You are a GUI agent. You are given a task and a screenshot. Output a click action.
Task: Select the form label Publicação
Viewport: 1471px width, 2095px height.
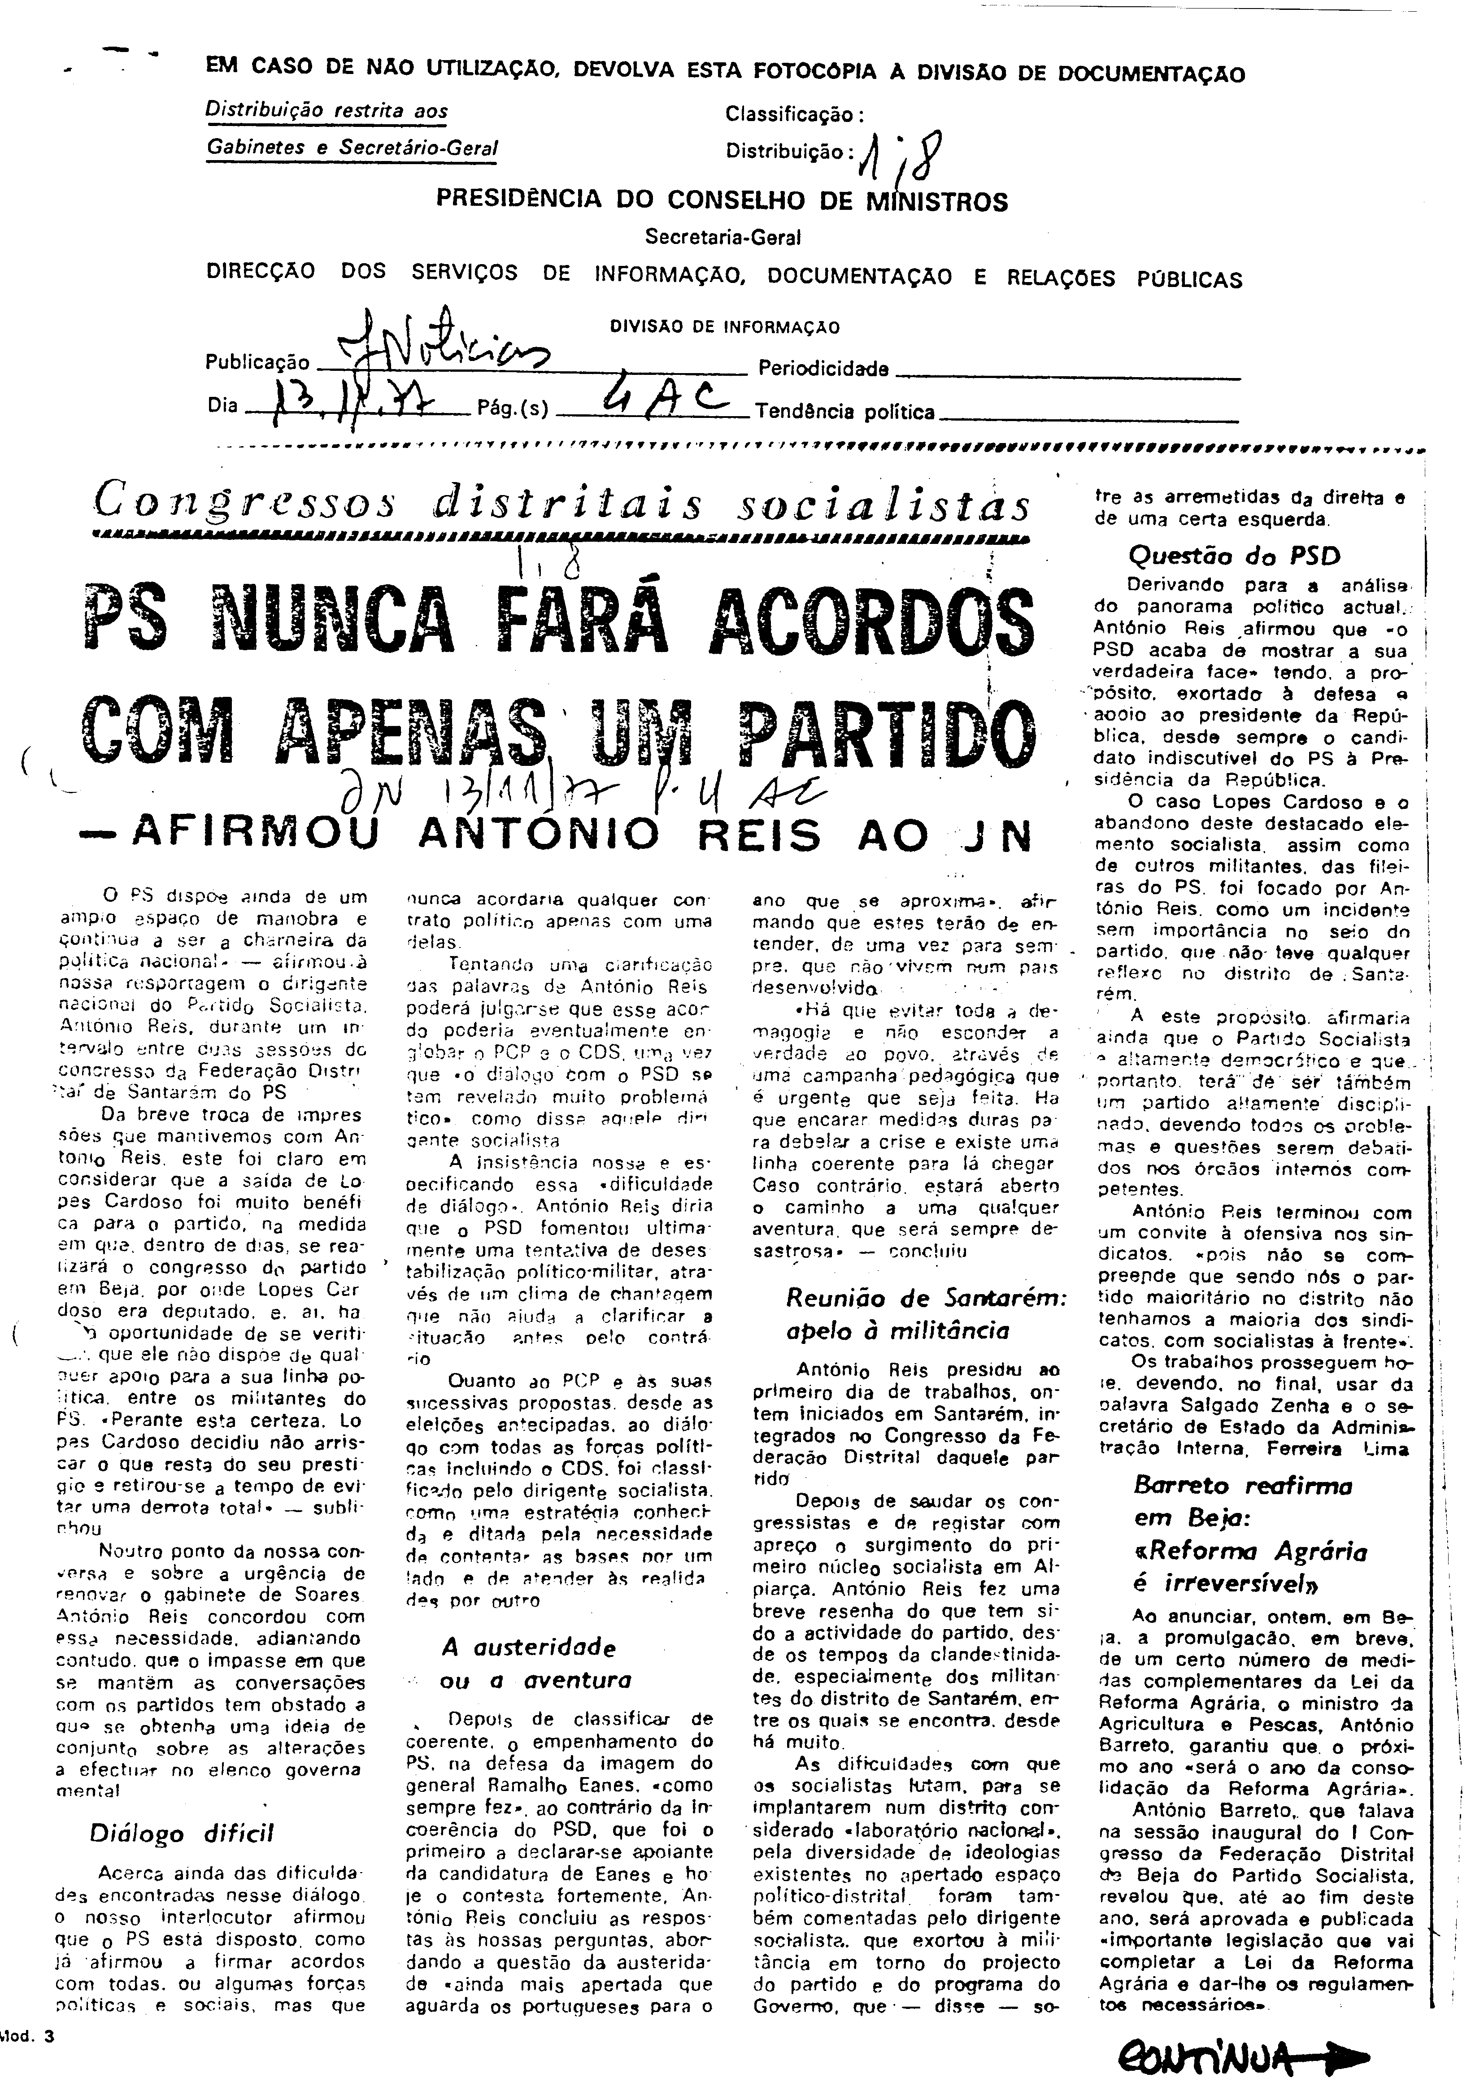point(257,363)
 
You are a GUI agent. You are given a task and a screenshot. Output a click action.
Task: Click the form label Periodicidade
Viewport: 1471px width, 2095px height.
point(823,369)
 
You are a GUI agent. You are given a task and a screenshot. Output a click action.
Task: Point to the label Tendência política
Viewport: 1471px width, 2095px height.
point(844,413)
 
